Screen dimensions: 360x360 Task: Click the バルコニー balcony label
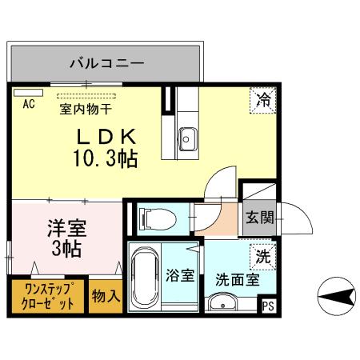coord(107,63)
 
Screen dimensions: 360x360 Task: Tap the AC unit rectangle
coord(28,93)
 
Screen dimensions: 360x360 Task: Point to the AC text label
coord(29,104)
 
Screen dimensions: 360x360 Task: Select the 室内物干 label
coord(86,109)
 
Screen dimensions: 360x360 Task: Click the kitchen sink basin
coord(188,139)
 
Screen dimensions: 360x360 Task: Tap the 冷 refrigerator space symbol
coord(263,100)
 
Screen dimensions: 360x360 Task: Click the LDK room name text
coord(106,136)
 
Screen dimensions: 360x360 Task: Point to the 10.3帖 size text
coord(106,158)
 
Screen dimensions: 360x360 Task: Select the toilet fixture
coord(158,219)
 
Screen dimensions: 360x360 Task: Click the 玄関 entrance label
coord(260,218)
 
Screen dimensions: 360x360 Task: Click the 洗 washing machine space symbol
coord(263,257)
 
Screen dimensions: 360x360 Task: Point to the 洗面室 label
coord(238,280)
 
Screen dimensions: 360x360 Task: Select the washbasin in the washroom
coord(222,302)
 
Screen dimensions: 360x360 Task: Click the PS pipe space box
coord(268,306)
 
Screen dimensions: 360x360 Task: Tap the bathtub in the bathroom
coord(145,278)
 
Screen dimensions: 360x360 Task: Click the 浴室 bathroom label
coord(180,275)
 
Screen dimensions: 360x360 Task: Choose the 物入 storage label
coord(106,296)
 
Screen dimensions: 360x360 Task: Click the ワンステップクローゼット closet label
coord(48,296)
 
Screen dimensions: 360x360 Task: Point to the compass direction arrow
coord(337,296)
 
